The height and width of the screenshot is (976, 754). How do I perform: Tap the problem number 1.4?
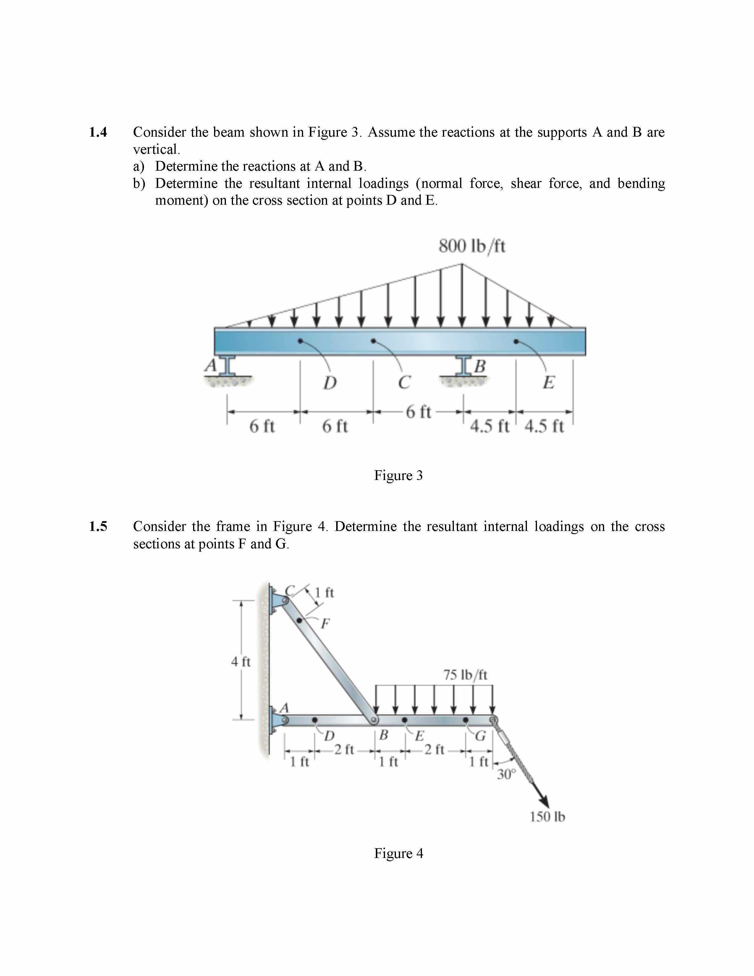coord(98,132)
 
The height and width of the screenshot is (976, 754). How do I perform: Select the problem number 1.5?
coord(98,526)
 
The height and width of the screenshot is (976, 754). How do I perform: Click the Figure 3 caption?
coord(398,475)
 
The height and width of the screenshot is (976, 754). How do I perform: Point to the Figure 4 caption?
coord(398,853)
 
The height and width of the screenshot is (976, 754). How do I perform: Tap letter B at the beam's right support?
coord(479,366)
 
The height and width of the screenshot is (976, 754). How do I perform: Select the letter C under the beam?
coord(404,382)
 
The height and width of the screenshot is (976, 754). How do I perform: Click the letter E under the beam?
coord(548,382)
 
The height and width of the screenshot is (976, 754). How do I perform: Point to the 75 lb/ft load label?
coord(465,675)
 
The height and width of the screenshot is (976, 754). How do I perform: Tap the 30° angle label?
coord(506,774)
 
